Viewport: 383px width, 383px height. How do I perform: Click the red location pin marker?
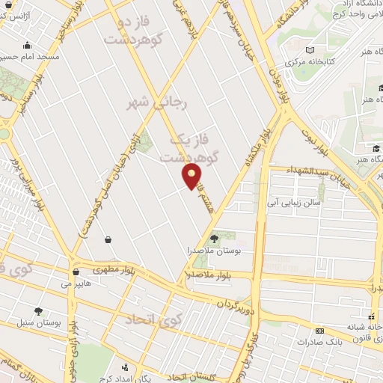192,176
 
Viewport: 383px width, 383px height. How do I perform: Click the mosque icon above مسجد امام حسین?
28,45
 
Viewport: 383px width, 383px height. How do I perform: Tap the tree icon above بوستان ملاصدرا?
215,239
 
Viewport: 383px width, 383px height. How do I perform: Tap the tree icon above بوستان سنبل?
38,310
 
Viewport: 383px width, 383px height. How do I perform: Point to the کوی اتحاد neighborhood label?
153,319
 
